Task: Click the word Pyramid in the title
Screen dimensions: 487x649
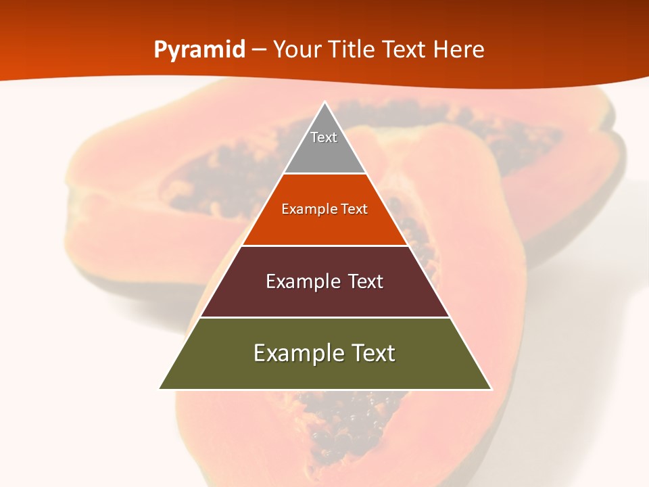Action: pos(199,50)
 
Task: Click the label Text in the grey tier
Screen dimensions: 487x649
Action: pos(324,137)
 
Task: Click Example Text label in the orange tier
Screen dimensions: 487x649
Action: pos(324,209)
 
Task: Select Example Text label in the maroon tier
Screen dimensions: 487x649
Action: pos(324,281)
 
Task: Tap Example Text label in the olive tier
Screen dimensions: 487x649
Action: pos(324,353)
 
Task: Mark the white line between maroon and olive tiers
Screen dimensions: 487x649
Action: pos(324,317)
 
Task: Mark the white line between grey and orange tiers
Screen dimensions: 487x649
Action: pos(324,174)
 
